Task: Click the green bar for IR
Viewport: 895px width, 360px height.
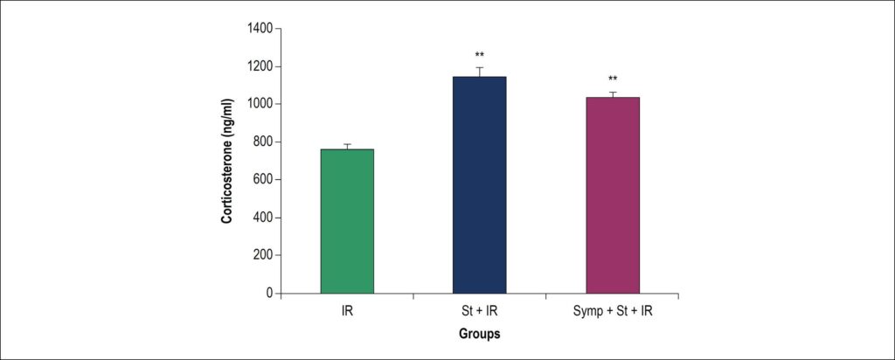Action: pos(347,221)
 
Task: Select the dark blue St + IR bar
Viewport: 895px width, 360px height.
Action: pos(480,185)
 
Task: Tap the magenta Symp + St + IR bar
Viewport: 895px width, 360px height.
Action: pos(613,196)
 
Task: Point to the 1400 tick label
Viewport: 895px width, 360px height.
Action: pos(260,29)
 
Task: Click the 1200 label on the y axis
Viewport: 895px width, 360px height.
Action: pos(260,66)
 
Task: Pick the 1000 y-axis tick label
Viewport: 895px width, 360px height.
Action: pos(260,104)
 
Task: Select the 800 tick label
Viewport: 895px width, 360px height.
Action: pos(262,142)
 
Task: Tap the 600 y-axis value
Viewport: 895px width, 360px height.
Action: pos(262,180)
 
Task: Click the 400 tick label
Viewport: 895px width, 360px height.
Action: pos(262,218)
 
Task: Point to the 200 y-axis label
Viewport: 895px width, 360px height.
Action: pos(262,255)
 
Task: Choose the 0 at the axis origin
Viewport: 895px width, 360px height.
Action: pos(269,294)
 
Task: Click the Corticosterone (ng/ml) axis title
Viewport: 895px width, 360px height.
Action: pos(226,161)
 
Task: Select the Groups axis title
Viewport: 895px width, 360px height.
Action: pos(480,335)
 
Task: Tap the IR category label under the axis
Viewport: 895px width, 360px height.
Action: pos(347,313)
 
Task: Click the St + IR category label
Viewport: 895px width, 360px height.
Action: pos(480,313)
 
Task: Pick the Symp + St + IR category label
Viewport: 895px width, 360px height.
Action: pos(613,313)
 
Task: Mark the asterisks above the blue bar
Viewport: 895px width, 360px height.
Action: pos(480,55)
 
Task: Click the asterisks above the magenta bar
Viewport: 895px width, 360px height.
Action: pos(613,79)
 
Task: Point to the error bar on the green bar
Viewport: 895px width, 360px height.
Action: pos(347,147)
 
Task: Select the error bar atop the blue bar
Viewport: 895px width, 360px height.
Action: pos(480,72)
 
